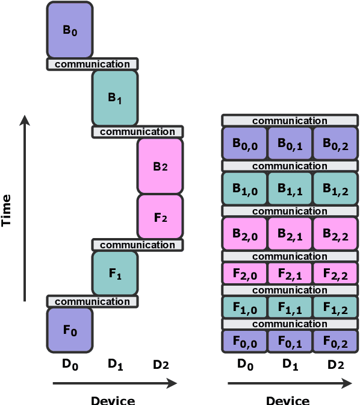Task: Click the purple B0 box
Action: click(70, 30)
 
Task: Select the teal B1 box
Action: click(114, 98)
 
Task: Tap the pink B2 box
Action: click(160, 166)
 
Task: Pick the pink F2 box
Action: click(160, 216)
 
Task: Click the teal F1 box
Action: click(114, 273)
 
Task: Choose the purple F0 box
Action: click(70, 330)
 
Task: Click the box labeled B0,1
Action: click(290, 143)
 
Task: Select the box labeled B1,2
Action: click(335, 189)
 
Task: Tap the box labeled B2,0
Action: click(245, 234)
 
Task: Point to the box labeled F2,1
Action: click(290, 273)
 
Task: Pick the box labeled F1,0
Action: click(245, 307)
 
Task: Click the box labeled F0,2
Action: click(335, 341)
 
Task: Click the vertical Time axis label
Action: click(7, 210)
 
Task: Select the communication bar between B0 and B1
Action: click(92, 64)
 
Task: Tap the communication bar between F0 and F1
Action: click(92, 301)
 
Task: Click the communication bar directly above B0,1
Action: click(290, 121)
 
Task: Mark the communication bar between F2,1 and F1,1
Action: click(290, 290)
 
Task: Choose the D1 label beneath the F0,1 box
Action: click(290, 363)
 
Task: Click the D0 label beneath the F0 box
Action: click(70, 363)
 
